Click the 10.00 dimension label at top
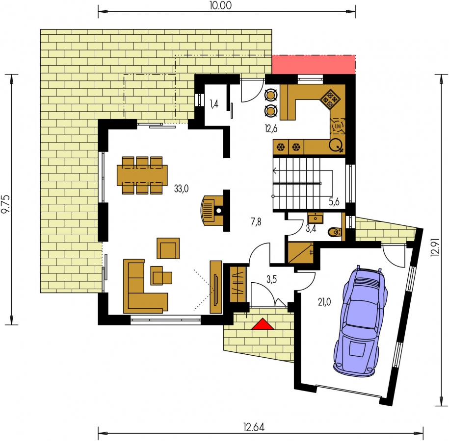220,5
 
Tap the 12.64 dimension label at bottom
254,427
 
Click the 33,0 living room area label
182,189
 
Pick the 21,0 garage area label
324,302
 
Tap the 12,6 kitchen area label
271,129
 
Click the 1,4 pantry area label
214,104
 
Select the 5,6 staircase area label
334,202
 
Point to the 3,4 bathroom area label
311,228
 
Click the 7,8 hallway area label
256,221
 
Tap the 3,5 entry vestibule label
272,279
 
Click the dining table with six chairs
142,175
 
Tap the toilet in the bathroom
335,232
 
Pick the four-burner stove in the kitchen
330,99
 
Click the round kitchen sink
335,145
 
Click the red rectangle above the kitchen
314,65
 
